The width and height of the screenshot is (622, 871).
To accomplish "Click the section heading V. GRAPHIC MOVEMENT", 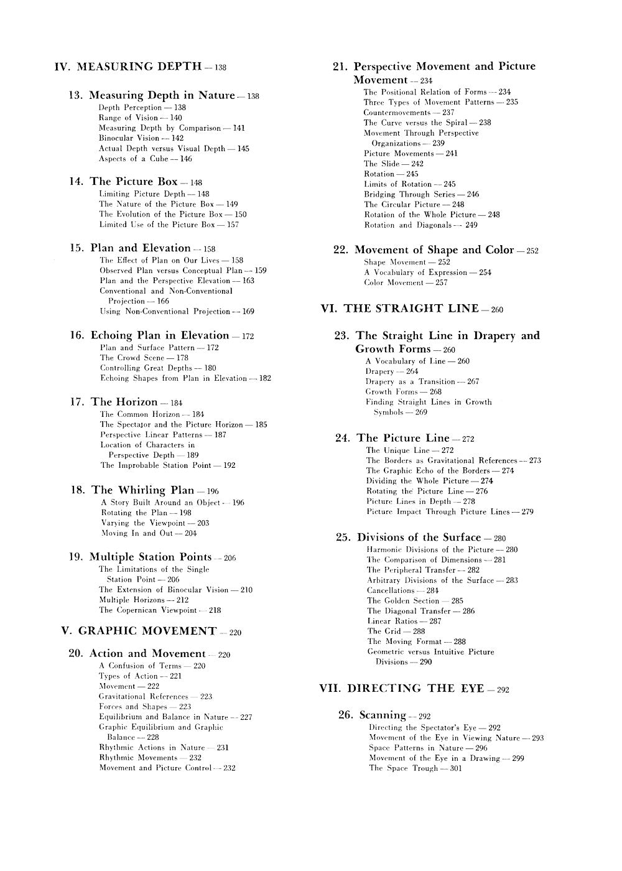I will (139, 631).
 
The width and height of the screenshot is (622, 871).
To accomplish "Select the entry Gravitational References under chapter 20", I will (143, 696).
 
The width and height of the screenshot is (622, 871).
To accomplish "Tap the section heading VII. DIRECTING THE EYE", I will (404, 689).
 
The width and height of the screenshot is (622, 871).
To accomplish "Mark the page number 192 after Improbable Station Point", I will (229, 465).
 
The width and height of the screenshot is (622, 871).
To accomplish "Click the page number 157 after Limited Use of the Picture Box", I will (233, 224).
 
